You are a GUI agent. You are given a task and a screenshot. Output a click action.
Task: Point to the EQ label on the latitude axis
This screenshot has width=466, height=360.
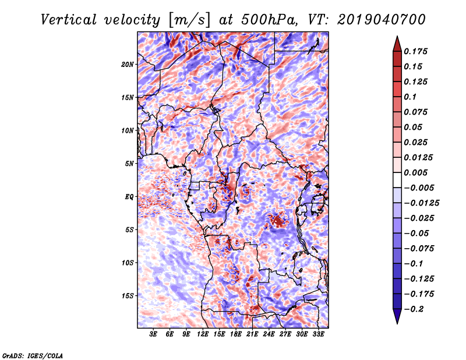[129, 197]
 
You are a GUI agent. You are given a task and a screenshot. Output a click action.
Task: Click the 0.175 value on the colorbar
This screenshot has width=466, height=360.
[417, 51]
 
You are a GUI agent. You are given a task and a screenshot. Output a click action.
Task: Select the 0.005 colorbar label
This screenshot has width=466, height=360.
[417, 172]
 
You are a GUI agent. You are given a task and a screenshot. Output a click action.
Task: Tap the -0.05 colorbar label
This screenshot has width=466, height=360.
[416, 233]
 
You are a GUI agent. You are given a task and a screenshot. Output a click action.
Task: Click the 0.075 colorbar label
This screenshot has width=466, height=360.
[417, 112]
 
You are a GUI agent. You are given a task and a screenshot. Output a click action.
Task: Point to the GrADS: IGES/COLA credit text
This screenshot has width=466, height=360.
[33, 355]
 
